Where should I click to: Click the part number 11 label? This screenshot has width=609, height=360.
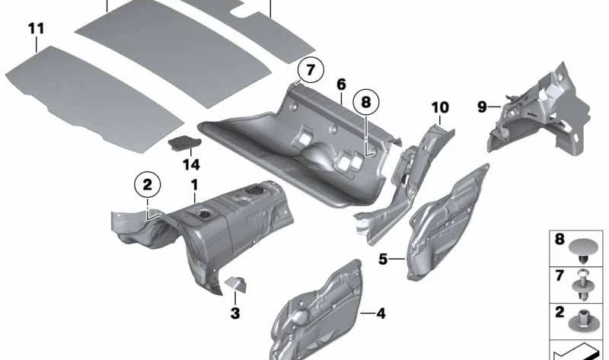tap(36, 29)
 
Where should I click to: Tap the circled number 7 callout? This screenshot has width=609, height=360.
tap(310, 69)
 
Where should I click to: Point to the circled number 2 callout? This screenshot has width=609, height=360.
tap(147, 183)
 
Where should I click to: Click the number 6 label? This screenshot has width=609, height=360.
tap(341, 84)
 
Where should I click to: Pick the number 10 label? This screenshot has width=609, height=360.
tap(440, 107)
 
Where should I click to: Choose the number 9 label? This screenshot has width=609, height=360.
tap(481, 107)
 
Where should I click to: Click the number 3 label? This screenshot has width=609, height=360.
tap(235, 311)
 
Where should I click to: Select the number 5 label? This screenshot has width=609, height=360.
tap(384, 260)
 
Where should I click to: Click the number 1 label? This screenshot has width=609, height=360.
tap(194, 185)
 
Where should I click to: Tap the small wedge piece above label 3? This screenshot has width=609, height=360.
tap(234, 285)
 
